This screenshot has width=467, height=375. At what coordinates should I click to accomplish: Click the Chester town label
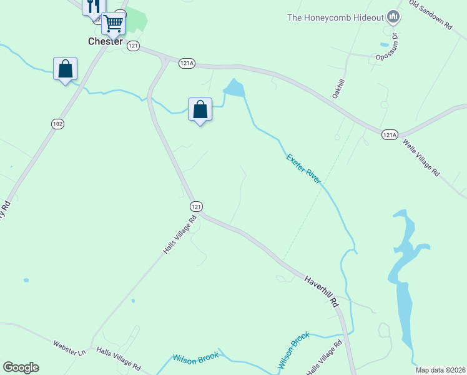[x=105, y=41]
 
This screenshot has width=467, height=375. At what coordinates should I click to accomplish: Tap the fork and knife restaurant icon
[x=92, y=7]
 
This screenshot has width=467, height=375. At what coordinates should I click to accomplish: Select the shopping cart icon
[x=113, y=24]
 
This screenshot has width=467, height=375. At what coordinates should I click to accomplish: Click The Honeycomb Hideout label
[x=335, y=17]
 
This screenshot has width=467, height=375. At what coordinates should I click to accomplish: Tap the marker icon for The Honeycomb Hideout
[x=393, y=17]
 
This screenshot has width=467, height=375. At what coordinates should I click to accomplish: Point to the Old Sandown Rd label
[x=430, y=15]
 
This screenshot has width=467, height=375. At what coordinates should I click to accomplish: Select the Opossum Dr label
[x=387, y=48]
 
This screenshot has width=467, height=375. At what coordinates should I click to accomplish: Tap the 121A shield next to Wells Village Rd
[x=388, y=134]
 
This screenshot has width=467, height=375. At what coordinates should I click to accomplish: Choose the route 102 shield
[x=57, y=124]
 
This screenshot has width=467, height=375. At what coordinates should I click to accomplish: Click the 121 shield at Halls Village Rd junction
[x=196, y=206]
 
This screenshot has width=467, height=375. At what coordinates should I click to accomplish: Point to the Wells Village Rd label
[x=421, y=159]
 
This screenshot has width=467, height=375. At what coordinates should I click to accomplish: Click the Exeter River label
[x=303, y=168]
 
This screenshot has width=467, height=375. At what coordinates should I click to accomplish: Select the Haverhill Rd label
[x=321, y=291]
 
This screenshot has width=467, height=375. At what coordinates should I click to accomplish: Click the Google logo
[x=21, y=367]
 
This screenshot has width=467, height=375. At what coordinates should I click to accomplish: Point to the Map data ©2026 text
[x=441, y=370]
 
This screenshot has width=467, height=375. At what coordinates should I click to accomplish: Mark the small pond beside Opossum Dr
[x=383, y=44]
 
